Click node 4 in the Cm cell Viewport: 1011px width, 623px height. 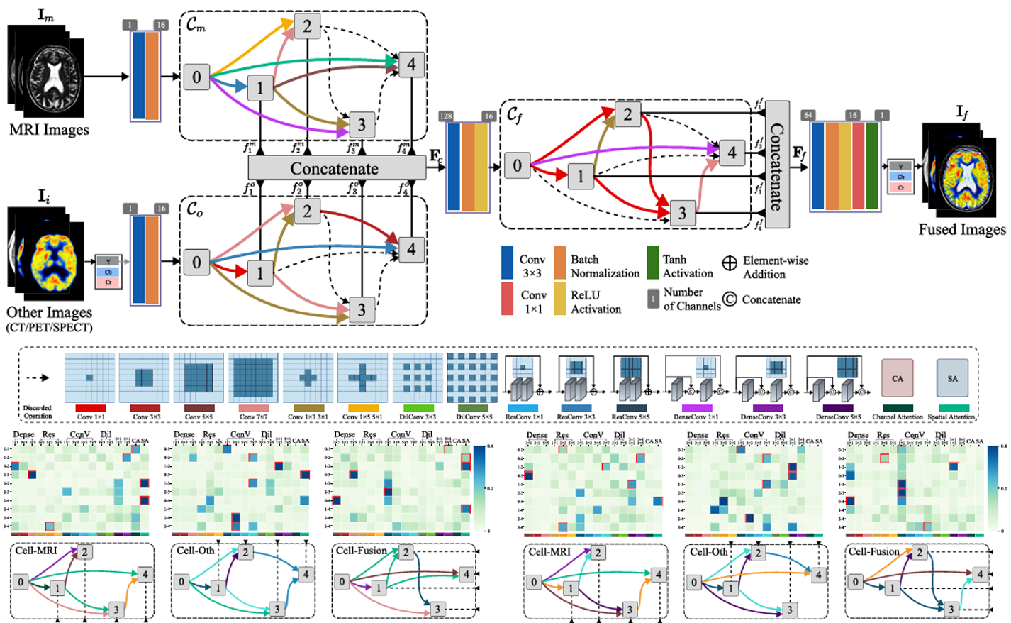411,65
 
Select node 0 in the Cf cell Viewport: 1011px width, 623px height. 517,165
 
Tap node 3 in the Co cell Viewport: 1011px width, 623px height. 362,309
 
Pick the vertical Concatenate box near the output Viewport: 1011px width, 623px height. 777,165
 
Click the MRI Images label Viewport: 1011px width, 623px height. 49,130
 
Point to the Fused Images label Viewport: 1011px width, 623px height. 962,229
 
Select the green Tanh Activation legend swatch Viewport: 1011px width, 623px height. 652,263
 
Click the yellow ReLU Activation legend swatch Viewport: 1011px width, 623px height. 559,299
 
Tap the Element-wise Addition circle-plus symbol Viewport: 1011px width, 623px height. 730,263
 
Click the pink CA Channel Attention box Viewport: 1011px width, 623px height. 898,378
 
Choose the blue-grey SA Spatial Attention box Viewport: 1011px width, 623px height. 952,378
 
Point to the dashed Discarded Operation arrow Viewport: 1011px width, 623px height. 38,377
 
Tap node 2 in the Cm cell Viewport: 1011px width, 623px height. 307,26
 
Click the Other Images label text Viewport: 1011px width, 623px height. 49,312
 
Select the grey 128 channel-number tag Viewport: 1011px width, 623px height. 446,116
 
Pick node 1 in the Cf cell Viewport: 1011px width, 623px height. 581,176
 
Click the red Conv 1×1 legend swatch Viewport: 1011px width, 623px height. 508,299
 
